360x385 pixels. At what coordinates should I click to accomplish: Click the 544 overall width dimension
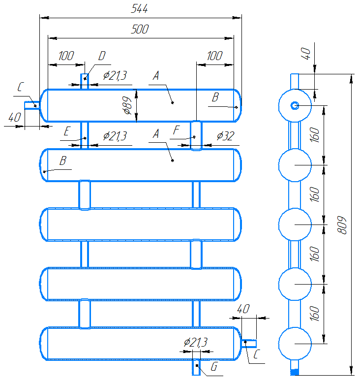(139, 9)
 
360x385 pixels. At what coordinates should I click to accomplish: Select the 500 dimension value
(140, 29)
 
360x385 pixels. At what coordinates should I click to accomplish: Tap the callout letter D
(102, 56)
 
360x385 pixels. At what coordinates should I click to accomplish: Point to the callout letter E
(67, 131)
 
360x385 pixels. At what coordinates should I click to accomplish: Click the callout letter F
(176, 130)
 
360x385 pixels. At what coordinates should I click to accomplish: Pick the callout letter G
(214, 367)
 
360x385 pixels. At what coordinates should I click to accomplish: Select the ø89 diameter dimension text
(128, 105)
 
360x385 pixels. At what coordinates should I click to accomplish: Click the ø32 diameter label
(225, 136)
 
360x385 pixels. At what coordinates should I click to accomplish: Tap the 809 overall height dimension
(342, 225)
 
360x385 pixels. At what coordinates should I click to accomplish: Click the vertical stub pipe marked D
(85, 82)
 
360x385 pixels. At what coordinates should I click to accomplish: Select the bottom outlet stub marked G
(196, 367)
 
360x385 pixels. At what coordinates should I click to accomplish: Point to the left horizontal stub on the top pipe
(32, 105)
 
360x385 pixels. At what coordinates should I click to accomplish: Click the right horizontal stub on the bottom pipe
(249, 343)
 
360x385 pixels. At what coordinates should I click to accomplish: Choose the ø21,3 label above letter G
(196, 342)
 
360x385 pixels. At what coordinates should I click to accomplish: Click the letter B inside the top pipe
(215, 97)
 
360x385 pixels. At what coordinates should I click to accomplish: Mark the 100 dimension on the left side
(66, 56)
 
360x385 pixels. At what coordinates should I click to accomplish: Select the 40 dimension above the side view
(305, 54)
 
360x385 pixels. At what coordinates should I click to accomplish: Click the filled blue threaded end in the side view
(295, 372)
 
